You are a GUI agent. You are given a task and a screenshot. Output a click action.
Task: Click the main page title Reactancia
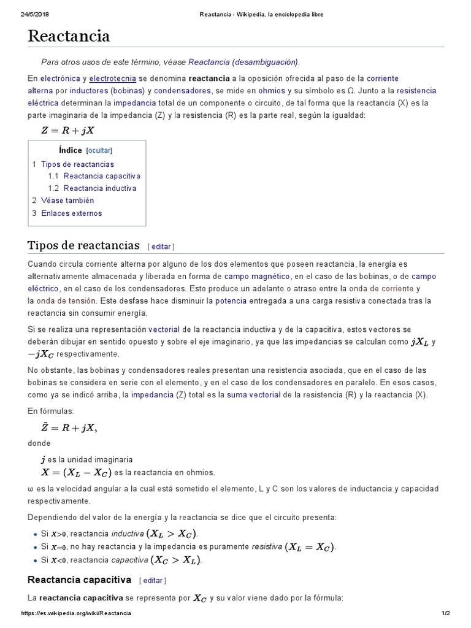click(69, 37)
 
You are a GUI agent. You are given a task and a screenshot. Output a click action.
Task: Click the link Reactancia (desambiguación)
click(243, 62)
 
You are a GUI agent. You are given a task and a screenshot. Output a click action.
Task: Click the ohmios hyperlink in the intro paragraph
click(271, 91)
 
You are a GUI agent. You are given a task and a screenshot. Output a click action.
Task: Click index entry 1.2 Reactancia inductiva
click(99, 188)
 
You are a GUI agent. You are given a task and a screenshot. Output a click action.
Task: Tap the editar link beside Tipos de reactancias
click(161, 247)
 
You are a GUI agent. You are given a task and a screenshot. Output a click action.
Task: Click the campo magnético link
click(257, 277)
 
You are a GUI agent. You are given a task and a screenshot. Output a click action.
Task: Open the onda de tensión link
click(66, 301)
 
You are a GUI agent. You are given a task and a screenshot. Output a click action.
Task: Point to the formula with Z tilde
click(68, 427)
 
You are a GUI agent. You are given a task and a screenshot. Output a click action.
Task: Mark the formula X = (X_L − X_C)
click(76, 472)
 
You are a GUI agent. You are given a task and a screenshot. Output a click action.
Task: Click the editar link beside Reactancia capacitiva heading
click(153, 580)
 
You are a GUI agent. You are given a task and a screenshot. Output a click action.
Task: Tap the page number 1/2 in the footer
click(446, 613)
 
